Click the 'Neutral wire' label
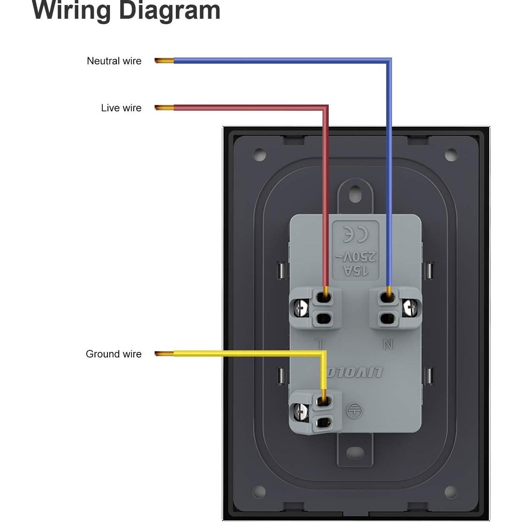(x=114, y=61)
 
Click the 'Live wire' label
(x=121, y=108)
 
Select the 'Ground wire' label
(x=113, y=354)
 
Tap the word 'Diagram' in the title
(x=170, y=10)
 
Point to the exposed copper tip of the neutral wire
(x=164, y=61)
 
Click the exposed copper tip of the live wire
(x=164, y=108)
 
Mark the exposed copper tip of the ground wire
(x=164, y=354)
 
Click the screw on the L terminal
(x=300, y=308)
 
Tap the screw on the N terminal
(x=410, y=308)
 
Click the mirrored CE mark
(x=355, y=234)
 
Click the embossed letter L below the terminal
(x=318, y=344)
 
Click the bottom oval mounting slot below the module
(x=355, y=451)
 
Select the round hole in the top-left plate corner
(x=260, y=155)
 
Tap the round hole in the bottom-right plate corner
(x=450, y=492)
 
